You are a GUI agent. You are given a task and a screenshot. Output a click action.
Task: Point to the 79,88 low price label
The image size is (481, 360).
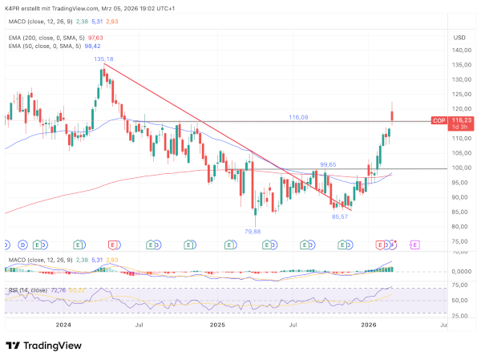(x=254, y=230)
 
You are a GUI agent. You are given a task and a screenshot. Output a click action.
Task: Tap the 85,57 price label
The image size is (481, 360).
(x=340, y=216)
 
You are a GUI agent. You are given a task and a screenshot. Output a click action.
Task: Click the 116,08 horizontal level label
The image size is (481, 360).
(x=298, y=117)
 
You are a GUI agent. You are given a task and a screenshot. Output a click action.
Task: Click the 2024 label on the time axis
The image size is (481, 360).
(x=63, y=326)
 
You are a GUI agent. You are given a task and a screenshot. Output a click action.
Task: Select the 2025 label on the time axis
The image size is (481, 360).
(x=217, y=326)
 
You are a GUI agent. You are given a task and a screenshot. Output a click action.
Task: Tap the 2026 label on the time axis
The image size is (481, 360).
(x=369, y=326)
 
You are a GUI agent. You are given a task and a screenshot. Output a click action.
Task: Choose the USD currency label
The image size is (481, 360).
(x=459, y=37)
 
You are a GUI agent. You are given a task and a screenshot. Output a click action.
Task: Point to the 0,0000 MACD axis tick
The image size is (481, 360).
(x=459, y=271)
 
